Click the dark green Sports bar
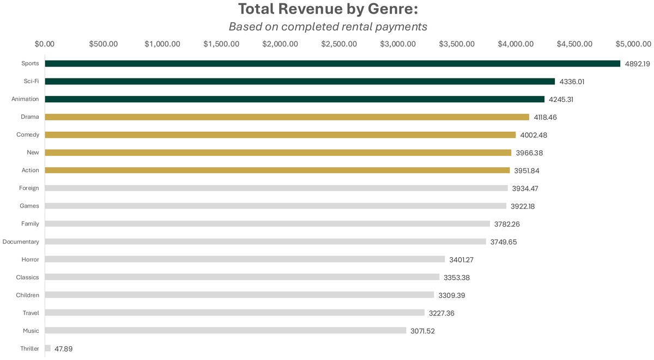point(332,64)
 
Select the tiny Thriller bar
point(48,348)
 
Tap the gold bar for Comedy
point(280,135)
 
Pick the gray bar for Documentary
point(265,242)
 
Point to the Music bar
point(226,331)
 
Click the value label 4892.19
point(637,64)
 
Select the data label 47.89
point(63,349)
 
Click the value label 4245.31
point(561,100)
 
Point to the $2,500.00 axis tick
point(339,44)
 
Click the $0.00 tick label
point(44,44)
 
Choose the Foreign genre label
point(29,188)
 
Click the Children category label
point(27,295)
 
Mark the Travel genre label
point(31,313)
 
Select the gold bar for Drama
point(287,117)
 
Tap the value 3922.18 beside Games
point(526,206)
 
